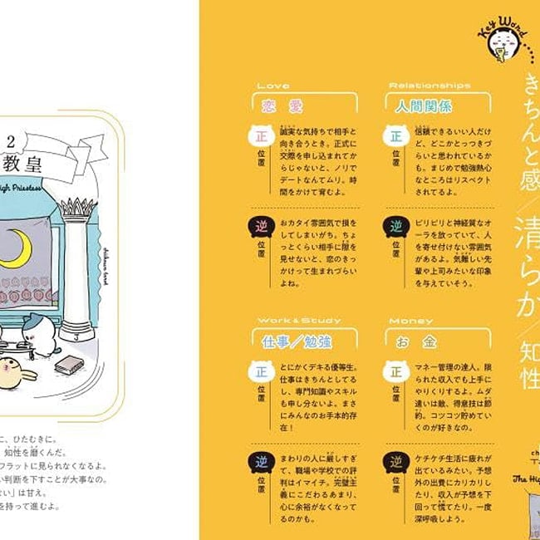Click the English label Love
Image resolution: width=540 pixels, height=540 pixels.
click(273, 86)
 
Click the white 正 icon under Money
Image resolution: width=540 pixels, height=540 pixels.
click(395, 371)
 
